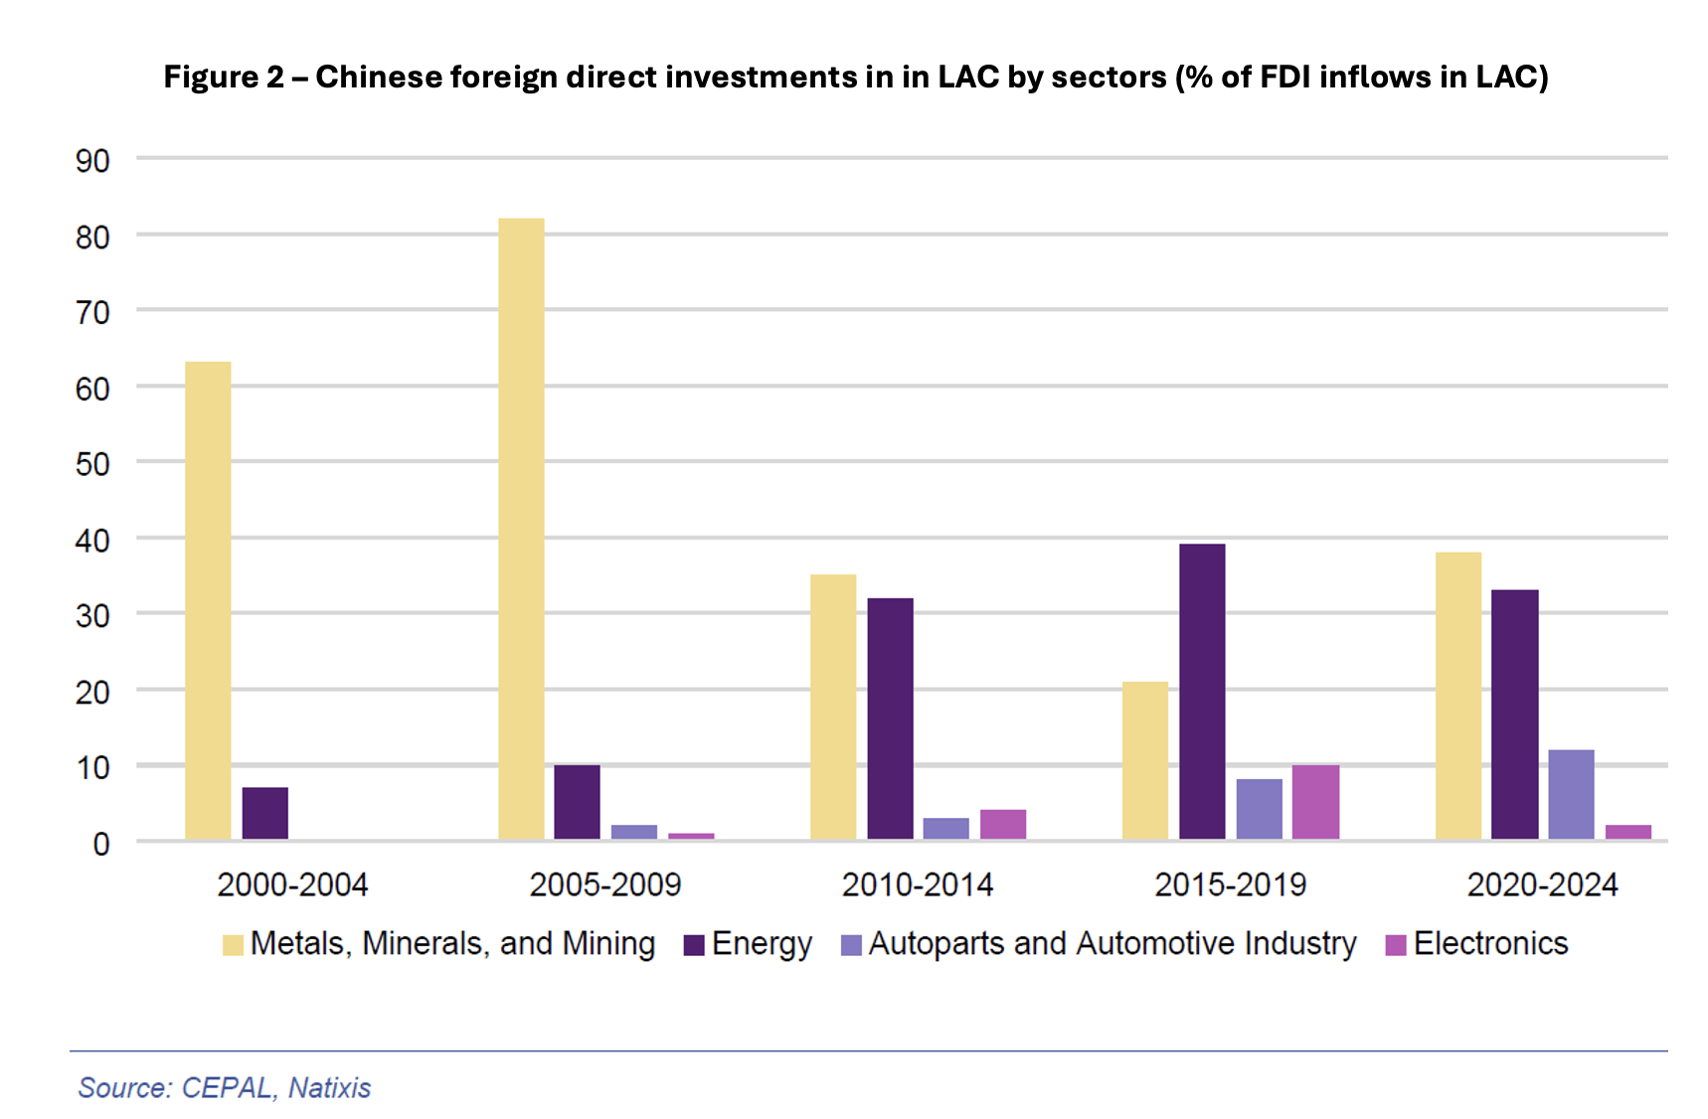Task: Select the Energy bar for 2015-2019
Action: point(1202,692)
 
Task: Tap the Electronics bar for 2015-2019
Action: point(1315,802)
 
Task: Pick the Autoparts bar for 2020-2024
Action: point(1571,794)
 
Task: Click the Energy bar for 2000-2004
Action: point(265,814)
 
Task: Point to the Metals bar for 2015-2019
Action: point(1145,760)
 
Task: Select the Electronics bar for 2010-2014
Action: point(1003,825)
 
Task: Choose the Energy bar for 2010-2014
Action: point(890,719)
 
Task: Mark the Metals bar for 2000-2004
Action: point(208,600)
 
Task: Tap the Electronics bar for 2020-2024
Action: point(1627,832)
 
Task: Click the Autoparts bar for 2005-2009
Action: point(634,832)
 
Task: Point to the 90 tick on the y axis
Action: point(92,160)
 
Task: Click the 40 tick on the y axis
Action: point(92,541)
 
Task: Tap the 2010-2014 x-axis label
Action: point(917,884)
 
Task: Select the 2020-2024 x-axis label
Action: point(1542,884)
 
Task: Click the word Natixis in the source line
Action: point(329,1088)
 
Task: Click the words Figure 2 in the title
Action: point(224,77)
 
